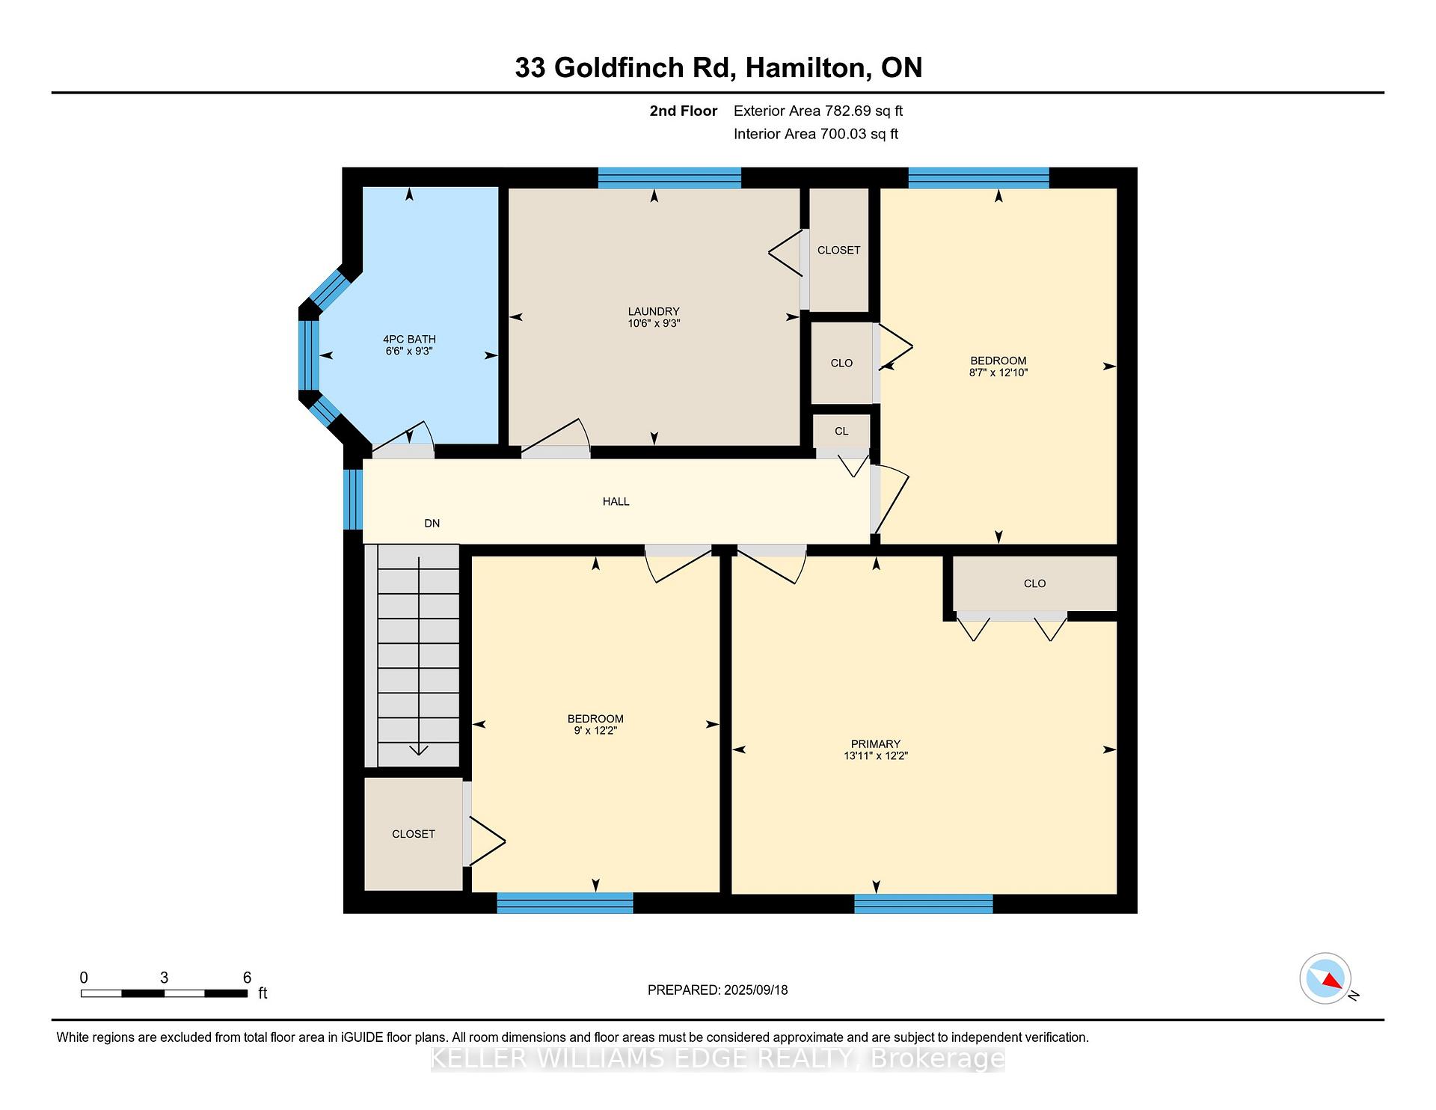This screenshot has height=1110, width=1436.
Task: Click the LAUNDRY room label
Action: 654,311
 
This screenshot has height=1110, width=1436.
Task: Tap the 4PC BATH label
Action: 409,339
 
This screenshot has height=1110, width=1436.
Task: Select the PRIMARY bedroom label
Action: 875,743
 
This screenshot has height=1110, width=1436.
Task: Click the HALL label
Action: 616,501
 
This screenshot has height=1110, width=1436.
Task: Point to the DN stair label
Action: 432,523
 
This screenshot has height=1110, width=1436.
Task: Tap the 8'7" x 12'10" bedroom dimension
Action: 998,372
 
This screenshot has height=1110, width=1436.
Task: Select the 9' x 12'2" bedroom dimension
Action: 595,731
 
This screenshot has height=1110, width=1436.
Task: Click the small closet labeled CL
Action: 841,431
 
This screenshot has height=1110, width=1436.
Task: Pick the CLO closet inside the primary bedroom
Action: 1035,583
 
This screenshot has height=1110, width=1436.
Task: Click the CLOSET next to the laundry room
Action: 839,250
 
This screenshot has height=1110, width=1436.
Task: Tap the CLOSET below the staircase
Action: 414,834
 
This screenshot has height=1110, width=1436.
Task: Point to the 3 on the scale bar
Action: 164,978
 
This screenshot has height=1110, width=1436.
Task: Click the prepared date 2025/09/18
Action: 756,990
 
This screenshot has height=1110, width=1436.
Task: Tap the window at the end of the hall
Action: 352,499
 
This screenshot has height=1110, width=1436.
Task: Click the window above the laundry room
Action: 669,178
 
